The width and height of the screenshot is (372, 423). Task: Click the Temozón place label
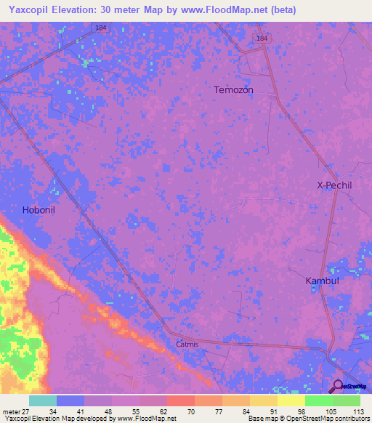pyautogui.click(x=233, y=90)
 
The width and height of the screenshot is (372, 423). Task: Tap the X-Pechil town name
pyautogui.click(x=334, y=185)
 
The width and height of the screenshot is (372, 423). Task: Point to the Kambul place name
pyautogui.click(x=322, y=280)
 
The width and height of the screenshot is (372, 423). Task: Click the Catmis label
pyautogui.click(x=187, y=345)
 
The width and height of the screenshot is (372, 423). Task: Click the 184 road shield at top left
pyautogui.click(x=101, y=28)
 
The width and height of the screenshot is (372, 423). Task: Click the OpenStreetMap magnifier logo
pyautogui.click(x=338, y=387)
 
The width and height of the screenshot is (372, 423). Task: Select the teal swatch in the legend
pyautogui.click(x=42, y=400)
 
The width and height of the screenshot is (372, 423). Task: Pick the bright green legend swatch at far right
pyautogui.click(x=347, y=400)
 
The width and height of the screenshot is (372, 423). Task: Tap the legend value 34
pyautogui.click(x=53, y=411)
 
